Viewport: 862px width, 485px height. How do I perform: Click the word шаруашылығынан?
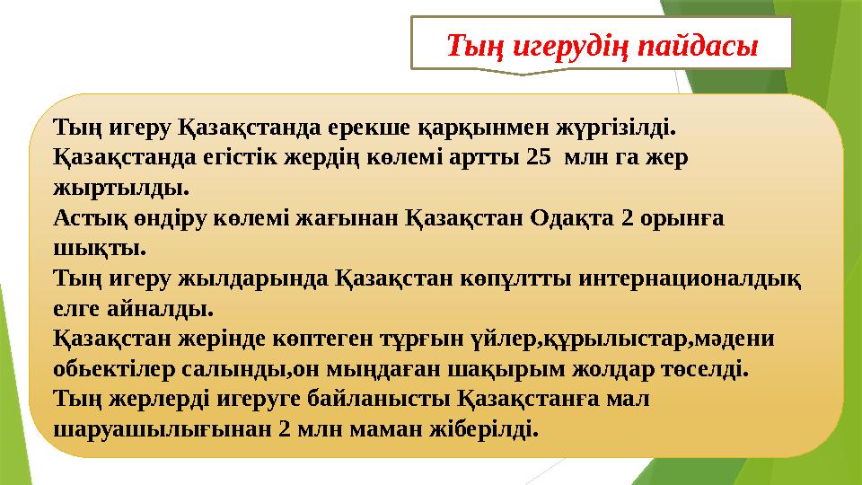162,429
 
